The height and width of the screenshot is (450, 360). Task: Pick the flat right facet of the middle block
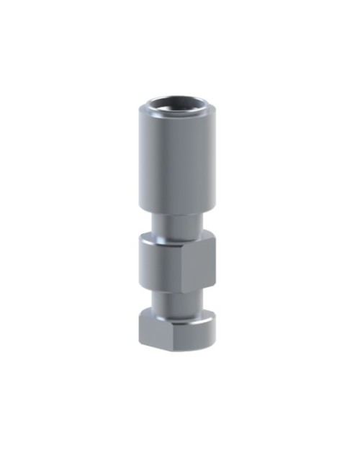point(200,266)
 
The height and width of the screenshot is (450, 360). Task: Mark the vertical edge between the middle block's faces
point(183,266)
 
